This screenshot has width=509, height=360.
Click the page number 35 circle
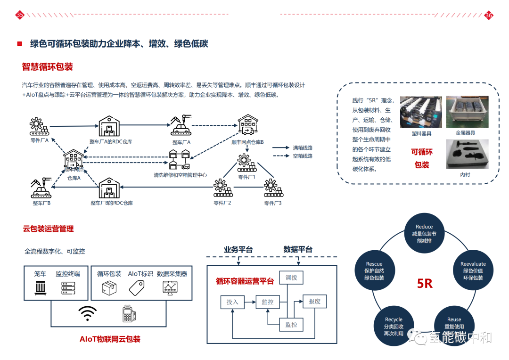point(20,15)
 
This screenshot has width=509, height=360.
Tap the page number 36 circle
point(489,15)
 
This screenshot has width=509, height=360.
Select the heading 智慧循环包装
point(47,67)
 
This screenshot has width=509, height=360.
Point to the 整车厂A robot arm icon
point(180,125)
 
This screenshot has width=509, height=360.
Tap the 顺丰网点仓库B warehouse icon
point(247,125)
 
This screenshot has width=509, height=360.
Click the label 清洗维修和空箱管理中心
point(180,175)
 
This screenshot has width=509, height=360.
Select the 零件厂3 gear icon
point(272,188)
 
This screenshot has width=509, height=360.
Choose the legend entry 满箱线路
point(303,147)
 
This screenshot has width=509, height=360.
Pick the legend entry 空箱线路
point(303,156)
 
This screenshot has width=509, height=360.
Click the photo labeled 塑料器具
point(421,112)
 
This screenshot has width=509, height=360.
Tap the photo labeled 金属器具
point(467,112)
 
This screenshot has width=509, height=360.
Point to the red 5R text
point(425,283)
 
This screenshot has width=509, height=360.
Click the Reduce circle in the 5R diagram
point(424,233)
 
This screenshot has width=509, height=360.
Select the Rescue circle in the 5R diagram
point(374,271)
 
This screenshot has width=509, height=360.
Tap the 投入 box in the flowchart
point(232,302)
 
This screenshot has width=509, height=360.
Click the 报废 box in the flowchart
point(314,301)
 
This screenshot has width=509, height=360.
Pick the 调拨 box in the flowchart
point(291,278)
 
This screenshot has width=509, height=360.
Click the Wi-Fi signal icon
point(88,313)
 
